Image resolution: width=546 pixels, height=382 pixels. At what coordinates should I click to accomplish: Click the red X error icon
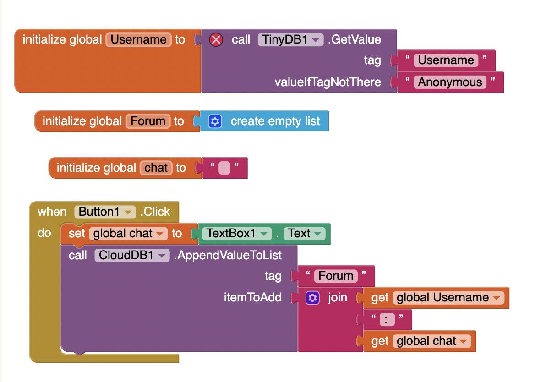(216, 40)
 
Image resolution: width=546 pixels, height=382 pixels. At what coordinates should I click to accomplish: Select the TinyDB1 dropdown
(290, 40)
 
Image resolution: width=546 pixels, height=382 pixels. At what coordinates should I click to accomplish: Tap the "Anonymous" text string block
(450, 82)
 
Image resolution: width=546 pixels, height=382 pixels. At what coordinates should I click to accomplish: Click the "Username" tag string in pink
(446, 60)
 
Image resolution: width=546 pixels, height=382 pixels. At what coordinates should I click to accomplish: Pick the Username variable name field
(139, 39)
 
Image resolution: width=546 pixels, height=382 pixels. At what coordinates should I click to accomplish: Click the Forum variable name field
(148, 121)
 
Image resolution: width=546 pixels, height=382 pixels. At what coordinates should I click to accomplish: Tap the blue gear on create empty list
(215, 121)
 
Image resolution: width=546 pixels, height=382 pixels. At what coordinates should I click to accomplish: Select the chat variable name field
(156, 168)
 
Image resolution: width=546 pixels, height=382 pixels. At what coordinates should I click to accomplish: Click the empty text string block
(224, 168)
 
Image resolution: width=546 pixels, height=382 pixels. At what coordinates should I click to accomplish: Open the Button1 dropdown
(105, 212)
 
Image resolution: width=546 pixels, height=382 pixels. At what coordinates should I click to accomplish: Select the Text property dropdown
(304, 234)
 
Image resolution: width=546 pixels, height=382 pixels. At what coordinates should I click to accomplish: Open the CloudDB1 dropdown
(132, 255)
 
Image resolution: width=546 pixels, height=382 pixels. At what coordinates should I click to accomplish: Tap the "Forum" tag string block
(336, 276)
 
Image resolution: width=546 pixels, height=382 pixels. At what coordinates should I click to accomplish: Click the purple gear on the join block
(312, 298)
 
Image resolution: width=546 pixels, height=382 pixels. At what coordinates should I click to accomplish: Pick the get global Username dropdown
(448, 298)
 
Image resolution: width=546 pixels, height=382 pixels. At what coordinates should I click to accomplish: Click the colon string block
(387, 320)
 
